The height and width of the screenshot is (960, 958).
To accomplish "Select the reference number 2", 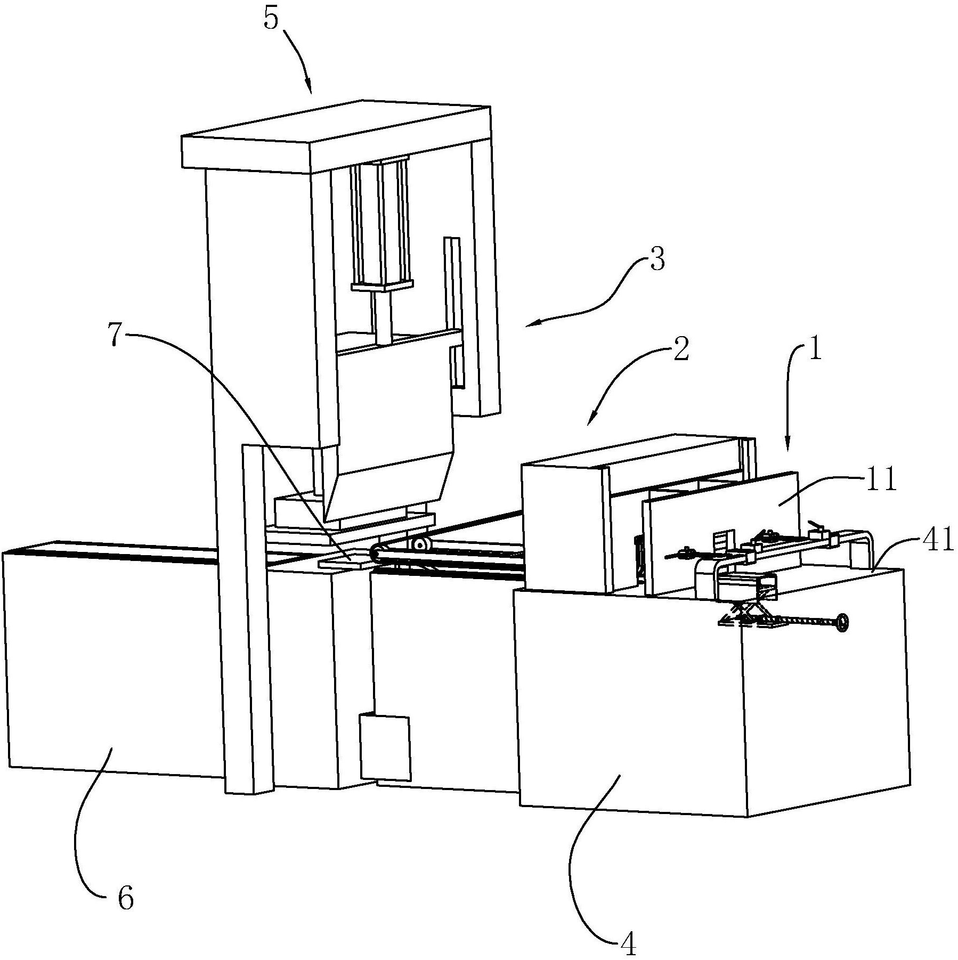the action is [680, 351].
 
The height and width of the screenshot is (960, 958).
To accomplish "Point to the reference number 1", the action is [814, 352].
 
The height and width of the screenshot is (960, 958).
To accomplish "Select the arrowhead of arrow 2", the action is [590, 420].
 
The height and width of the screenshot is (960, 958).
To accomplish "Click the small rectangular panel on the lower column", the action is [385, 747].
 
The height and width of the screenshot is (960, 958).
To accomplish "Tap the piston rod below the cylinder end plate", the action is [383, 316].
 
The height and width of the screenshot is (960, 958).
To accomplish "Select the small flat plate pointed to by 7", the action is [345, 562].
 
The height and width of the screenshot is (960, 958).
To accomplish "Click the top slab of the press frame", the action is [336, 135].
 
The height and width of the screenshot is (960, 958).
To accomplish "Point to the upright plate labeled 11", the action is [721, 533].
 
